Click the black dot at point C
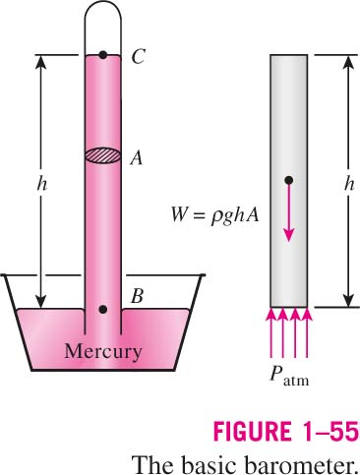point(103,55)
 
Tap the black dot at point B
point(103,309)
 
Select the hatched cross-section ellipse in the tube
point(103,155)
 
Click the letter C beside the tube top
point(138,56)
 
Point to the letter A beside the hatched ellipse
point(137,158)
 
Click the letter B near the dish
point(137,296)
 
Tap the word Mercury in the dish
point(103,352)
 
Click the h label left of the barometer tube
point(41,184)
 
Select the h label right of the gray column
point(349,184)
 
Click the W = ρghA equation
point(215,216)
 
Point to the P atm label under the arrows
point(289,376)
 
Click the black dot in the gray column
point(289,180)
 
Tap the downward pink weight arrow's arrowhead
point(288,234)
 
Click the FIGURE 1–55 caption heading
point(286,431)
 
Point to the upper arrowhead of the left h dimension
point(41,63)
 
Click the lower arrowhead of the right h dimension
point(348,300)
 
